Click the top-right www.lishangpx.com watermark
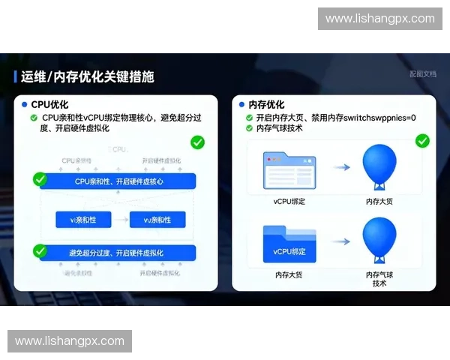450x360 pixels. coord(380,19)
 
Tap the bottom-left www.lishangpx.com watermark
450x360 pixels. coord(70,341)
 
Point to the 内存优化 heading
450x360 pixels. coord(266,104)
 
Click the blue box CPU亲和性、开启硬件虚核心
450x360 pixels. coord(118,181)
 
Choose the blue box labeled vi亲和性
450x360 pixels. coord(84,220)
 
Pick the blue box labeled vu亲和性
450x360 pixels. coord(157,220)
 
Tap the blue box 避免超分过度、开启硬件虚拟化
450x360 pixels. coord(118,253)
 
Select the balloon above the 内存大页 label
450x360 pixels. coord(379,168)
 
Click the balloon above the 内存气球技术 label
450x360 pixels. coord(379,239)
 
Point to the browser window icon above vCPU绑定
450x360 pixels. coord(289,170)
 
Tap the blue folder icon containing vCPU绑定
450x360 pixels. coord(289,244)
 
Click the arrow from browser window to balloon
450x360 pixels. coord(341,169)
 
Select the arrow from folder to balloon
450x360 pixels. coord(341,241)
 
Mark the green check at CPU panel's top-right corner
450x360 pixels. coord(198,142)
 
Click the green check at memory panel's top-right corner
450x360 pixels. coord(422,140)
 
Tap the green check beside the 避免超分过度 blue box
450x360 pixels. coord(40,250)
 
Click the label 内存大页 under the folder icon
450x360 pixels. coord(289,276)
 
